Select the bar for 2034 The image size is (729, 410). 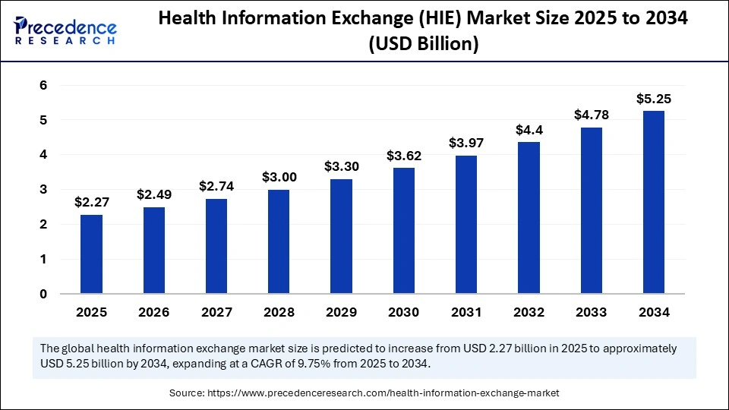[x=653, y=202]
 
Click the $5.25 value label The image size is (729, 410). [x=653, y=99]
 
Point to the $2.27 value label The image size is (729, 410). [x=91, y=202]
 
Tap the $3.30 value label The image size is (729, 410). [x=341, y=166]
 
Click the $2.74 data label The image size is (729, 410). [x=216, y=185]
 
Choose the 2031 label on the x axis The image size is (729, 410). [x=465, y=312]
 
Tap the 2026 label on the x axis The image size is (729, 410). [x=153, y=312]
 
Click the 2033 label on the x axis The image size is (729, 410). [x=591, y=312]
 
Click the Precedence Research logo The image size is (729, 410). [x=65, y=31]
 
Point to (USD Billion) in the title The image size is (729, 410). [x=424, y=45]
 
